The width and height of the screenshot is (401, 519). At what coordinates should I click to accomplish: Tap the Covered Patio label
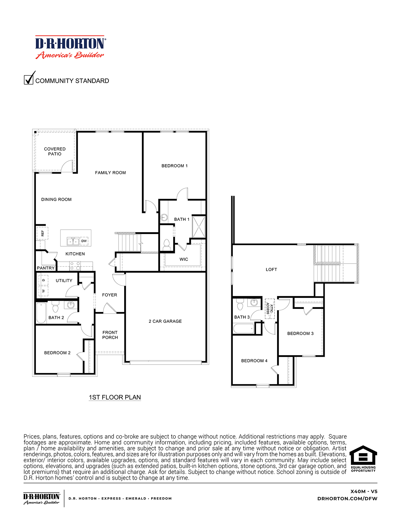(55, 151)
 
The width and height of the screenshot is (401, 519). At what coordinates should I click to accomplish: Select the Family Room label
(110, 173)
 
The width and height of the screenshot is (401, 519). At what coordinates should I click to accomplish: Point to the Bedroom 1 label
(174, 166)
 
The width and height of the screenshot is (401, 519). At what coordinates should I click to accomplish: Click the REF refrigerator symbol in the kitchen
(42, 233)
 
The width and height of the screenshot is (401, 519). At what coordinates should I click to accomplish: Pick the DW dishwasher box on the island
(84, 241)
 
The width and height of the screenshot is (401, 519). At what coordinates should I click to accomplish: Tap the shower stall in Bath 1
(199, 226)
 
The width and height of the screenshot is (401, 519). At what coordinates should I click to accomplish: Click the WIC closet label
(184, 259)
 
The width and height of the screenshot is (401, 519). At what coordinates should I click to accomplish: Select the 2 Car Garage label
(165, 321)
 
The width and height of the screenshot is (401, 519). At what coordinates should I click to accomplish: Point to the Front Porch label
(110, 335)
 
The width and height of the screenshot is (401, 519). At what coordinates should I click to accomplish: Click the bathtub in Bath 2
(41, 313)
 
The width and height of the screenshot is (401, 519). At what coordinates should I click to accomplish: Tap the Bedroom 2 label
(57, 353)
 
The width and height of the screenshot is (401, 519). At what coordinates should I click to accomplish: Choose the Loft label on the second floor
(271, 270)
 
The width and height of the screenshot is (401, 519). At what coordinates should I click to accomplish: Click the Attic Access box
(270, 309)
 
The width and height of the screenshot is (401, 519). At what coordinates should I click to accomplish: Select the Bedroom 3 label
(300, 333)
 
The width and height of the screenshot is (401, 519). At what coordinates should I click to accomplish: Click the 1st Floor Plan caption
(115, 397)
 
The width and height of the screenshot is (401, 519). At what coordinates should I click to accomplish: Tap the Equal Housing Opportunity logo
(363, 459)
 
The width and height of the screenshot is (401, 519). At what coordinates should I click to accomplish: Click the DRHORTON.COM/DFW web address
(347, 499)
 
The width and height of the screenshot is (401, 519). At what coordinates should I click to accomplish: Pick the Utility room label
(64, 281)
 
